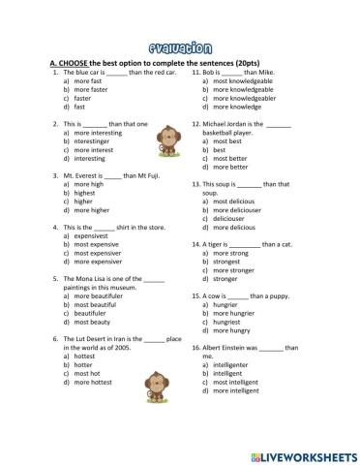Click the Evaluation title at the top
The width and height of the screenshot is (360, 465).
[180, 45]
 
